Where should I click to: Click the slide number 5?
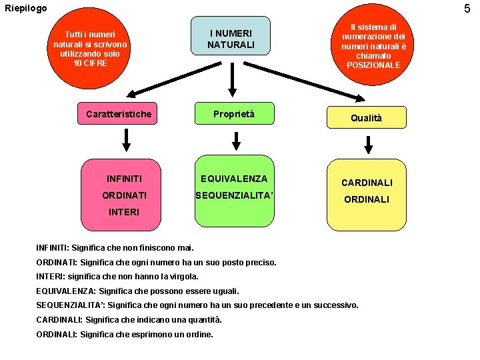point(467,9)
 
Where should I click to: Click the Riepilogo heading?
point(26,8)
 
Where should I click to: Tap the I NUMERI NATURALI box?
point(230,38)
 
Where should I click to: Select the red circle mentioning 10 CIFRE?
point(91,49)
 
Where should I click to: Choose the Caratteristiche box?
point(119,114)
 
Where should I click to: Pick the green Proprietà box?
point(233,114)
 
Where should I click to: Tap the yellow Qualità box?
point(367,118)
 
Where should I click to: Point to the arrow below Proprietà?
point(235,141)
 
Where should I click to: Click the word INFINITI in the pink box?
point(124,179)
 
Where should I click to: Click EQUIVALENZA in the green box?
point(234,179)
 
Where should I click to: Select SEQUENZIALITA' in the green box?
point(234,195)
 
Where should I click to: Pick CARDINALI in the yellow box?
point(367,182)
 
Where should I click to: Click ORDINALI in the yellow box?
point(367,199)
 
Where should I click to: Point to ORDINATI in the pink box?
point(125,195)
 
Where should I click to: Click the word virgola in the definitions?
point(183,276)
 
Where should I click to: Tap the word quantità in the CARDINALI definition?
point(203,319)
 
